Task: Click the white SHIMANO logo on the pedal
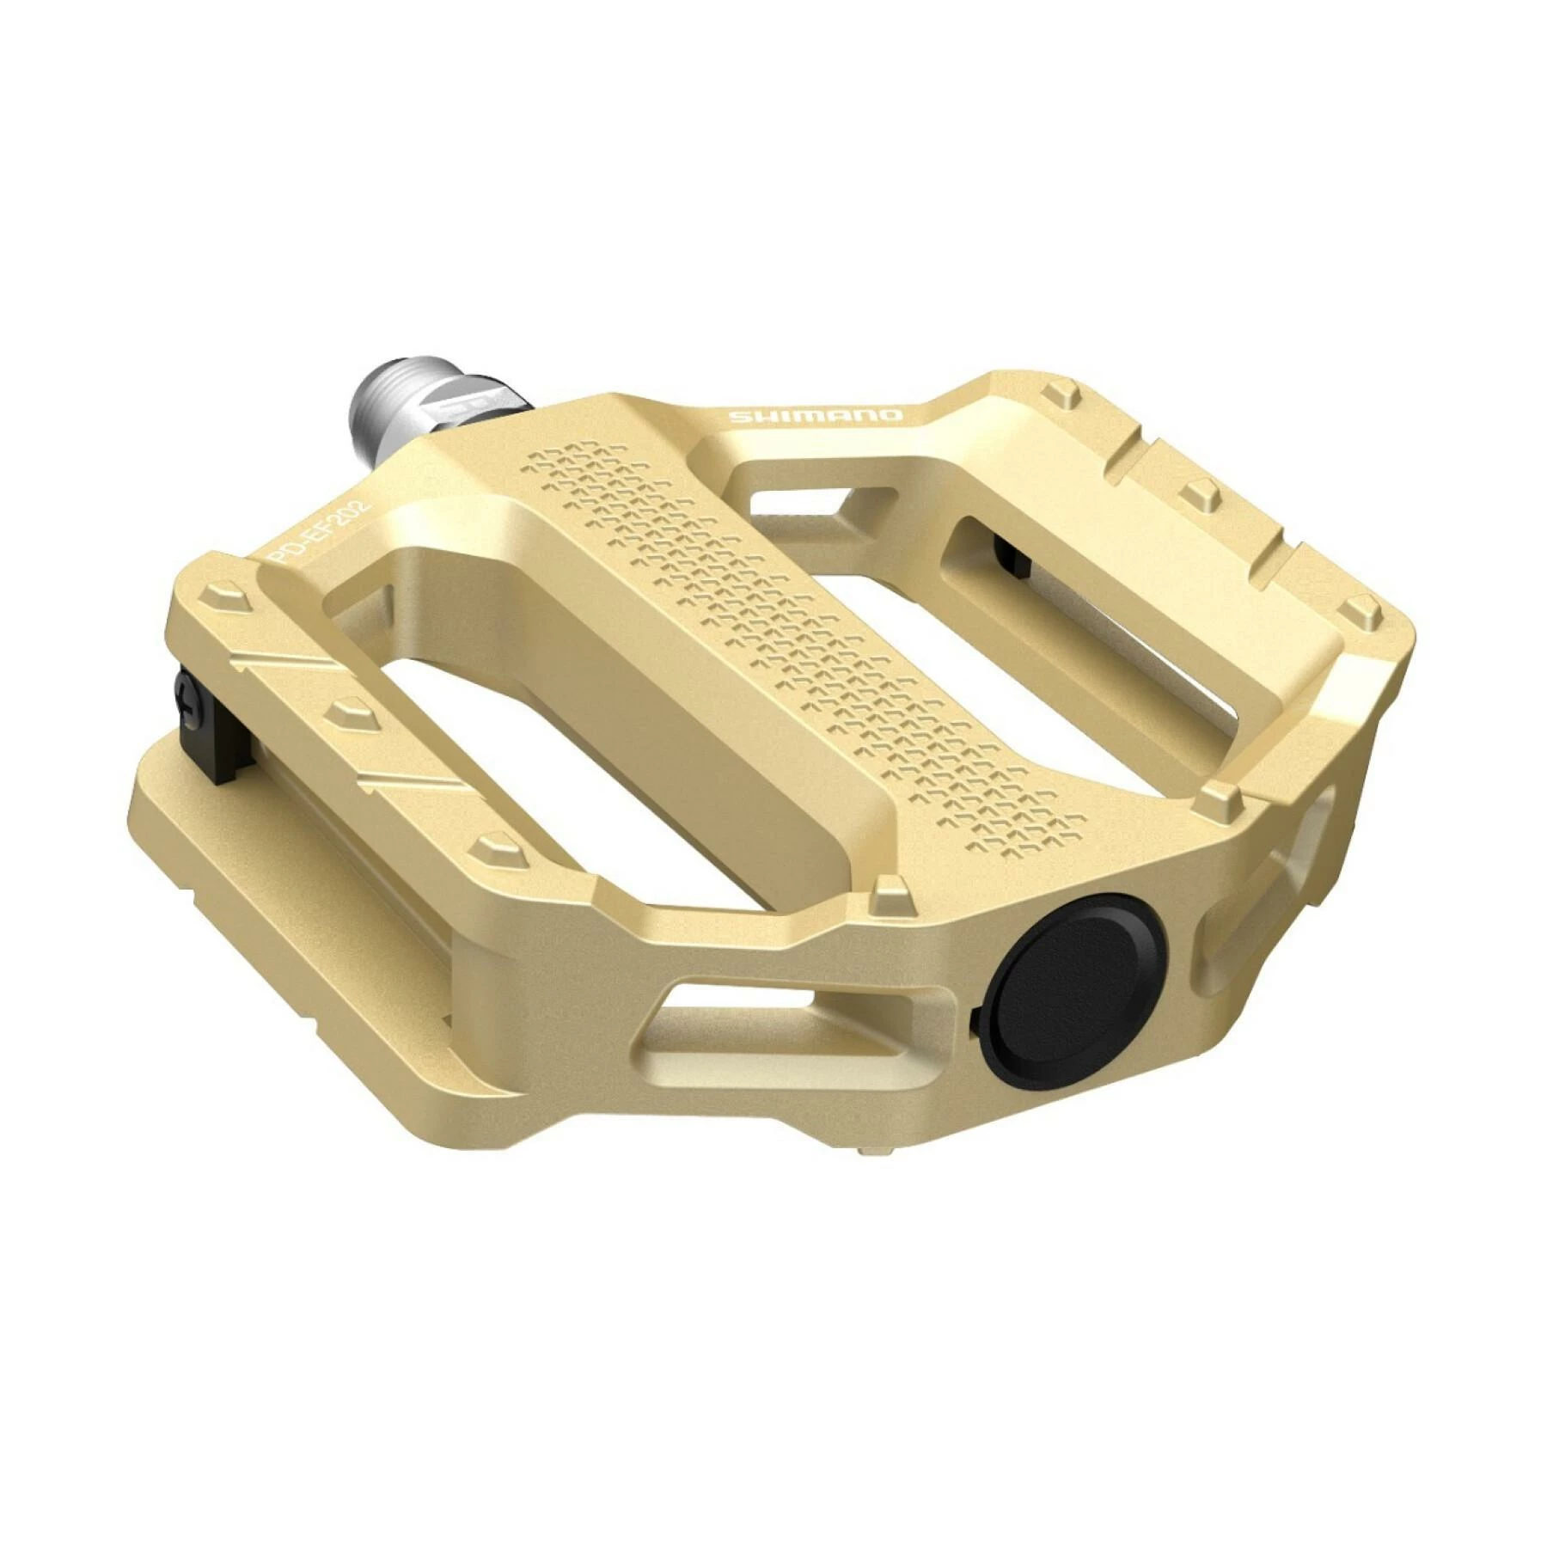click(x=816, y=416)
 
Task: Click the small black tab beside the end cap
click(x=976, y=1023)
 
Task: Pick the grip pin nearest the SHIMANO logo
click(x=1063, y=397)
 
